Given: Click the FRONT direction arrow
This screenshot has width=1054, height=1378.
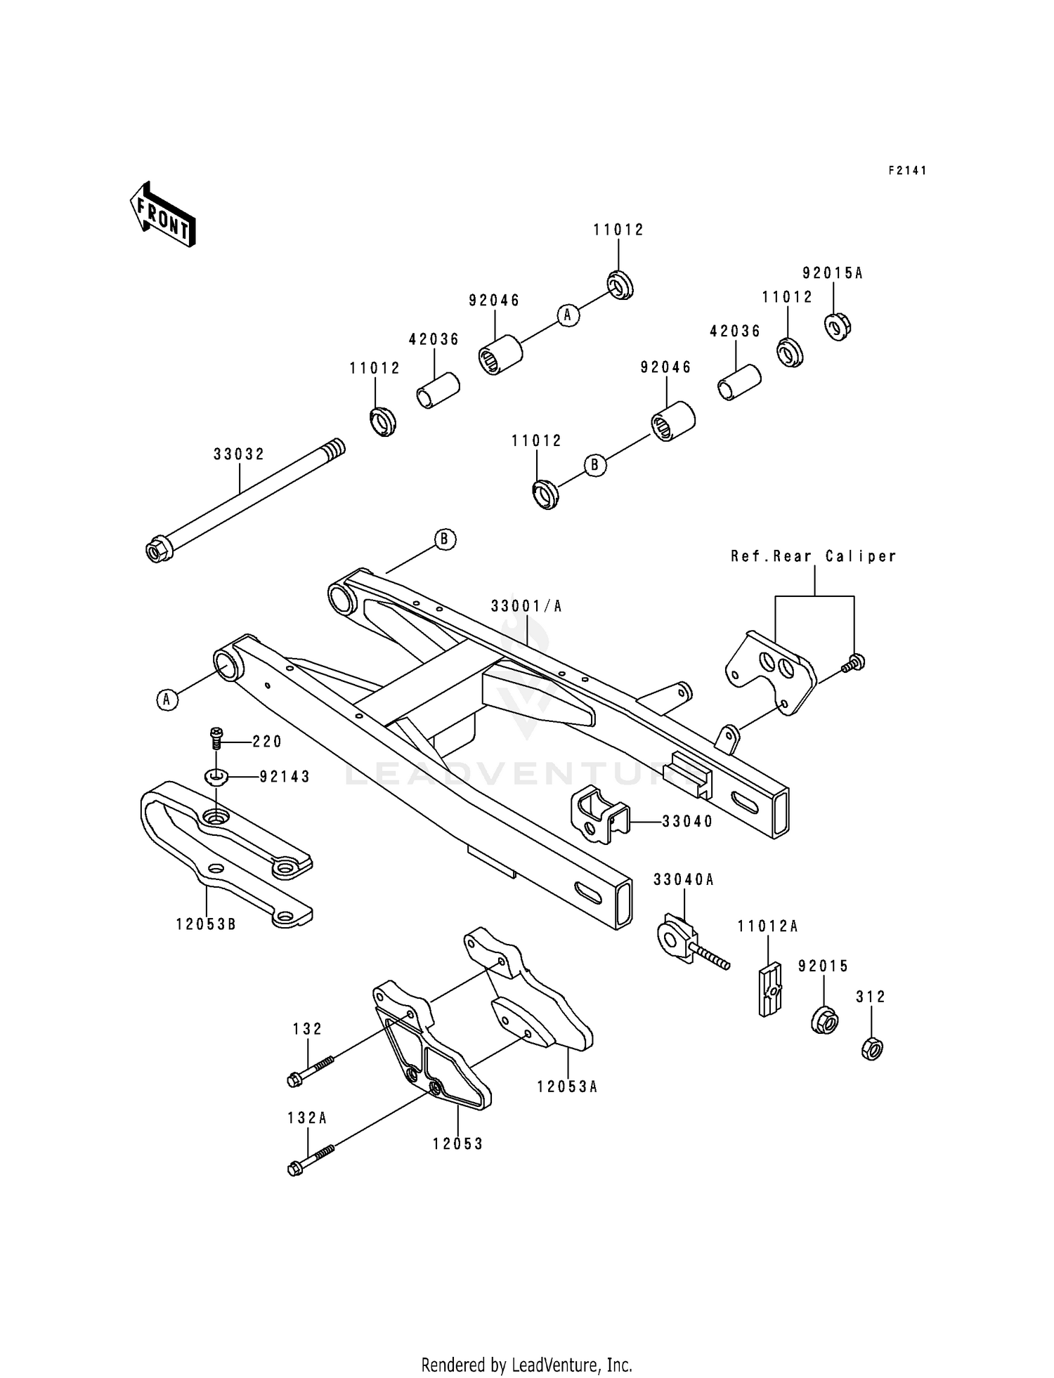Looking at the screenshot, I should point(162,215).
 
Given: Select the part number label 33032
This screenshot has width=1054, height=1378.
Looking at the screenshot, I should point(239,454).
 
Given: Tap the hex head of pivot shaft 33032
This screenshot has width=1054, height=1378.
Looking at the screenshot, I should point(156,550).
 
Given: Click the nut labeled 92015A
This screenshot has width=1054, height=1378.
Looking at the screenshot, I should point(837,326).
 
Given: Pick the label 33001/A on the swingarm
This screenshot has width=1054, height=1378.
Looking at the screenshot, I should point(526,605).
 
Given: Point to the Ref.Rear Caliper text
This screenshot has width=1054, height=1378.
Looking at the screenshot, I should point(814,556).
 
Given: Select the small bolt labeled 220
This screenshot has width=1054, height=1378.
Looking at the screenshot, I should point(216,737).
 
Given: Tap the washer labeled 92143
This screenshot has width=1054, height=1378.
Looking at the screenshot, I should point(217,777).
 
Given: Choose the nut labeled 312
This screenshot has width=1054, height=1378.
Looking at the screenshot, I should point(871,1049).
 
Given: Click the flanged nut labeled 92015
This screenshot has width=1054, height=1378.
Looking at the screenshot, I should point(824,1020).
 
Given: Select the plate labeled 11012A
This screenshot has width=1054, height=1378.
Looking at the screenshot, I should point(769,987).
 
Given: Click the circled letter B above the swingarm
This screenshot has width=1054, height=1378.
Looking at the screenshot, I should point(444,539).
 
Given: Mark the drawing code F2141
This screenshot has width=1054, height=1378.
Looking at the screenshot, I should point(907,171).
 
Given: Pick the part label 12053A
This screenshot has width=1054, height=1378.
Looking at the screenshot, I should point(567,1087).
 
